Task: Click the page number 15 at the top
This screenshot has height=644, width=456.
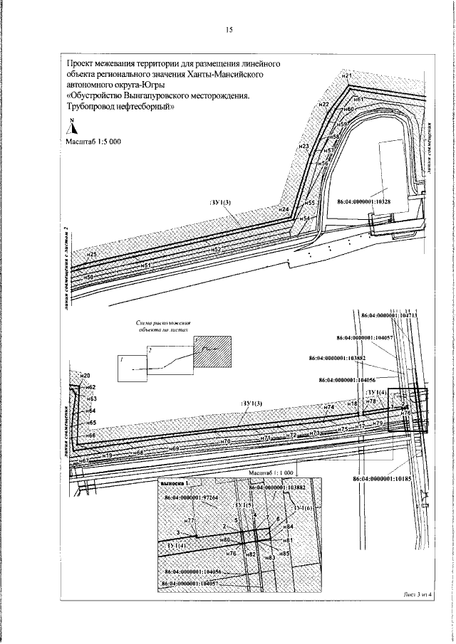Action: pyautogui.click(x=229, y=30)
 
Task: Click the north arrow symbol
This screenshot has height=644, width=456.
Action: pyautogui.click(x=71, y=127)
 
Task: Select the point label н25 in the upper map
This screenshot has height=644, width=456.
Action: pyautogui.click(x=90, y=254)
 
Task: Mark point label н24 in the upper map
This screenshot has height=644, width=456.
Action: pyautogui.click(x=283, y=210)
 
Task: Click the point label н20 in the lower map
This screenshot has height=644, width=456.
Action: pyautogui.click(x=85, y=375)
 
